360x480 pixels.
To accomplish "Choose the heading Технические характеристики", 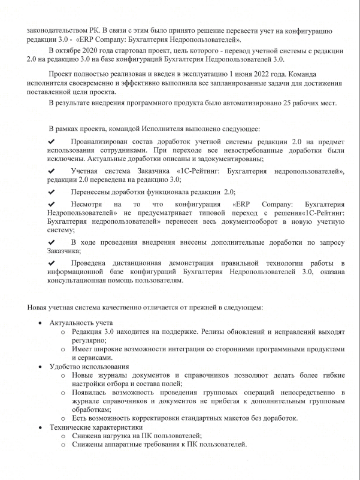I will pos(95,427).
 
